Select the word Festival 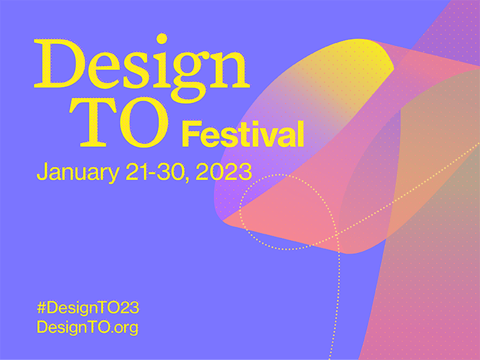pos(242,133)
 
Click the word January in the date pos(76,172)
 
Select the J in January pos(43,172)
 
